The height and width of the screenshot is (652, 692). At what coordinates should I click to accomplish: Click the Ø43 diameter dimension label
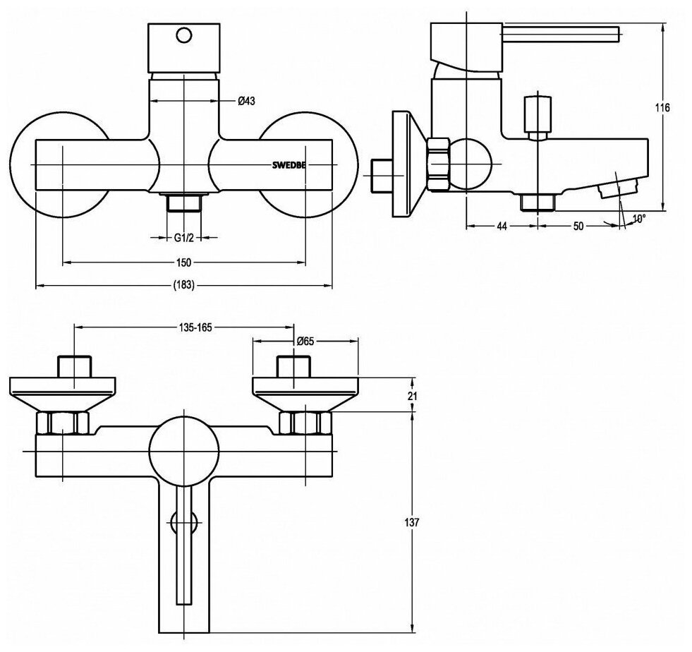245,101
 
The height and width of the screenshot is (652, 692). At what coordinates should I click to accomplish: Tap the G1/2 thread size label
184,238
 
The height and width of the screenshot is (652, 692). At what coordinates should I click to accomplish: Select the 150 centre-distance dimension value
184,262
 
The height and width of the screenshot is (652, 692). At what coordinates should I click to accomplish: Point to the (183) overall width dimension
183,285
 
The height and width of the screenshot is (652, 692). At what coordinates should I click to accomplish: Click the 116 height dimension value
661,108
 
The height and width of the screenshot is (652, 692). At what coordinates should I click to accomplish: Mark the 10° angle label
638,219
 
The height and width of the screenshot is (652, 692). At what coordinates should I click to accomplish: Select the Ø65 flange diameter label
305,341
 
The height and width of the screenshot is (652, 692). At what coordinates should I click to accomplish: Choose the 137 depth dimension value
413,523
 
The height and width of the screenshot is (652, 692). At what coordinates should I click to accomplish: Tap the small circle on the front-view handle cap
184,35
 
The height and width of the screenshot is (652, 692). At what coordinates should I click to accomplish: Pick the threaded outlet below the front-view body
185,204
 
